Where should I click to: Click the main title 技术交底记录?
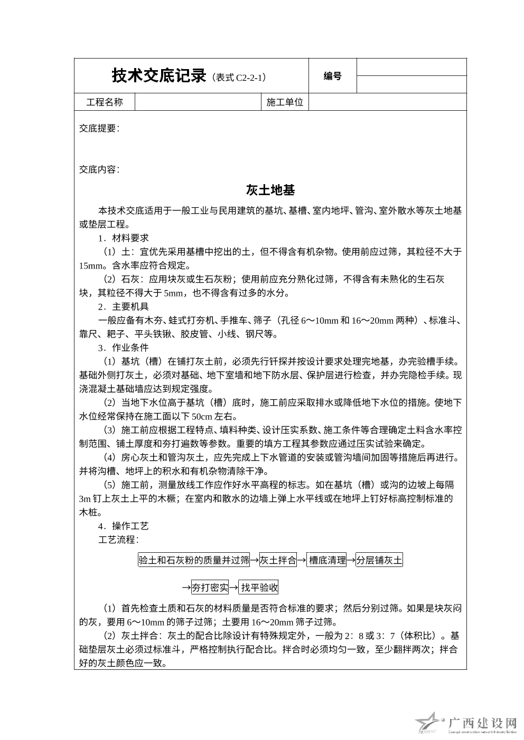pos(158,76)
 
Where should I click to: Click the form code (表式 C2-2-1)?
pos(239,78)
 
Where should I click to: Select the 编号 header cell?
pos(332,76)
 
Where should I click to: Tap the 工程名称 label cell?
pos(105,102)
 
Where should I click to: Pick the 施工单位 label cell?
pos(285,102)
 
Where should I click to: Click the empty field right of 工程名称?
pos(198,102)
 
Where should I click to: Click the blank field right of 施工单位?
pos(387,102)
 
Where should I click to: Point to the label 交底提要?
pos(99,128)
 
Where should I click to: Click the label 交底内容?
pos(99,169)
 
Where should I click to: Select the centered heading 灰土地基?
pos(270,190)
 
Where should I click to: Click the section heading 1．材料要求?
pos(124,238)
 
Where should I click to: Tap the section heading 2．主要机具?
pos(124,306)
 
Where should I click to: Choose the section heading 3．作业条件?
pos(124,348)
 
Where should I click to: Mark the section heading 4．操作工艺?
pos(124,526)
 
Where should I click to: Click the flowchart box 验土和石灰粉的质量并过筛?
pos(194,560)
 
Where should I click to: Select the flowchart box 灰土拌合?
pos(278,560)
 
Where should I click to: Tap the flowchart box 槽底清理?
pos(327,560)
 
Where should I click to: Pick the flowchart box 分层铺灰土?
pos(379,560)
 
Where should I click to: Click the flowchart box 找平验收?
pos(259,588)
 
